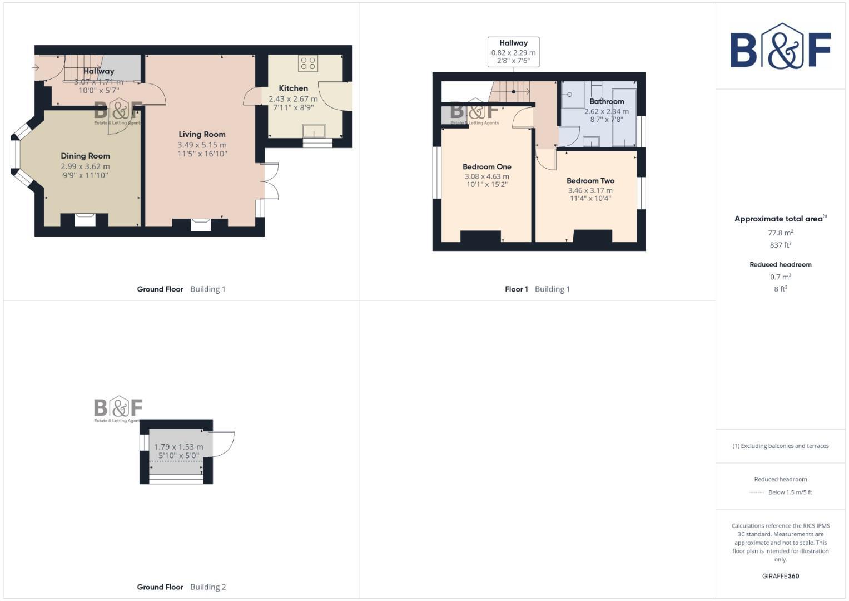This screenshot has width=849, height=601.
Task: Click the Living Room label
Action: point(202,134)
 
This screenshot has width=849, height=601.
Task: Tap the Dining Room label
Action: point(85,156)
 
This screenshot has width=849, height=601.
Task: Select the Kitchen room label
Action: point(293,88)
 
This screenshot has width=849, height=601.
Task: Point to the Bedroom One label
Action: point(486,166)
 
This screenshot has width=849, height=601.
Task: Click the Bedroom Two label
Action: point(590,180)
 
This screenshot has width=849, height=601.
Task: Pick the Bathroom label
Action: point(607,101)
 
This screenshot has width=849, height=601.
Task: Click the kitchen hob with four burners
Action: point(308,63)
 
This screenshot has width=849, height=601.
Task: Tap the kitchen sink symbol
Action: point(314,131)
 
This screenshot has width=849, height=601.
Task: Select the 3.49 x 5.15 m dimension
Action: point(202,145)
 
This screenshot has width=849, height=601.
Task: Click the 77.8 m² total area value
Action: point(780,233)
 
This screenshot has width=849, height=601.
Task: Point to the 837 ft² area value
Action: point(780,245)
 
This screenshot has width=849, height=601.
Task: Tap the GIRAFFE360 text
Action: point(780,576)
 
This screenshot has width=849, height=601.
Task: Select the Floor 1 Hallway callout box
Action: point(513,52)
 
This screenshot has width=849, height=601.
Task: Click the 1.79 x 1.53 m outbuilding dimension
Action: point(178,446)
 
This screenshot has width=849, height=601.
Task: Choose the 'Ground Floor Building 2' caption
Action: point(181,587)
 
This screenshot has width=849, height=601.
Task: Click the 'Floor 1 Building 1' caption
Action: point(537,289)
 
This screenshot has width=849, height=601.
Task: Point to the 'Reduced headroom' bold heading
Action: point(780,264)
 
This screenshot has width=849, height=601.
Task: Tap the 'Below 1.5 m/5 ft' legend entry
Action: point(790,492)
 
